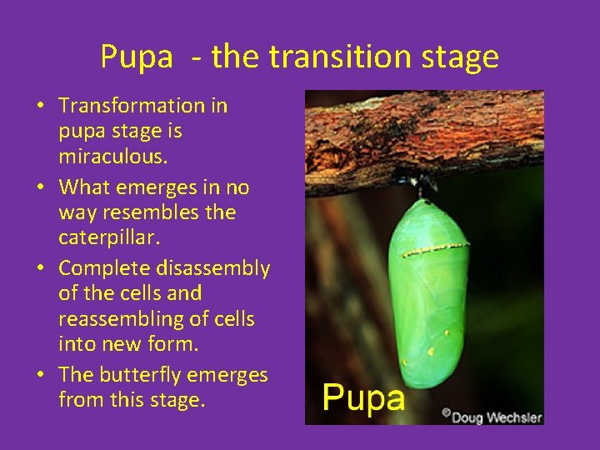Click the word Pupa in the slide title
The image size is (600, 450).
click(136, 57)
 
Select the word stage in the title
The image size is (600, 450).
click(460, 57)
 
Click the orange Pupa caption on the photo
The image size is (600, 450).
click(363, 398)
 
